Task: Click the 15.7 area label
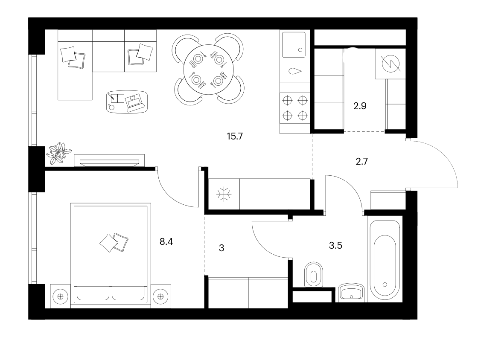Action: coord(235,136)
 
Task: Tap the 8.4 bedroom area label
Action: coord(166,241)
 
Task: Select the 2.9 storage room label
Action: coord(360,106)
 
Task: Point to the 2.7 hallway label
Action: coord(361,161)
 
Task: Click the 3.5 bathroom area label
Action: coord(335,245)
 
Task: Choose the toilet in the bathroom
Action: coord(313,274)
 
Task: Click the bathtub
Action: coord(385,260)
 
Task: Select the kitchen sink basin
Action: coord(294,45)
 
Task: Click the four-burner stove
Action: coord(295,108)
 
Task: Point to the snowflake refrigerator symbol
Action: coord(224,194)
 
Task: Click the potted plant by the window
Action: coord(58,153)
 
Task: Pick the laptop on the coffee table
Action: coord(134,102)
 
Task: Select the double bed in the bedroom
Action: coord(111,255)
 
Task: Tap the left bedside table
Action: coord(60,296)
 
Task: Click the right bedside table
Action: coord(160,296)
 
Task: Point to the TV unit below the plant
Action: coord(109,160)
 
